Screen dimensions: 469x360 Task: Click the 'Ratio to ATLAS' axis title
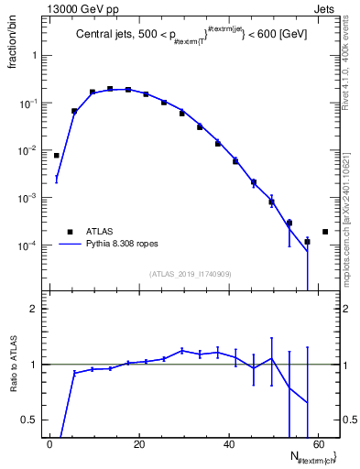coord(16,364)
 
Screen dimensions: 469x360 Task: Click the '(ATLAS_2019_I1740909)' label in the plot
coord(191,274)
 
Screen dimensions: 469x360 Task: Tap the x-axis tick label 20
coord(139,444)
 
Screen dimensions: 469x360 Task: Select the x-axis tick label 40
coord(229,444)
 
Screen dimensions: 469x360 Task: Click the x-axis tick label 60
coord(319,444)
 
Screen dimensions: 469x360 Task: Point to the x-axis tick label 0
coord(50,444)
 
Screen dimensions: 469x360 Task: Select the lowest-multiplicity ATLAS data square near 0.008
coord(57,156)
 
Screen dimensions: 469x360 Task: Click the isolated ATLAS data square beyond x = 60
coord(325,232)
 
